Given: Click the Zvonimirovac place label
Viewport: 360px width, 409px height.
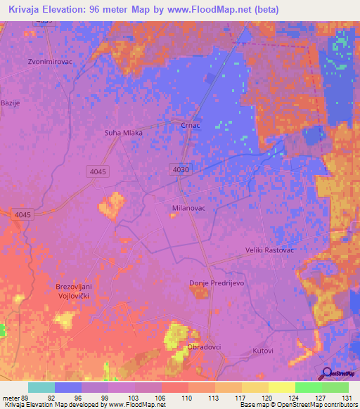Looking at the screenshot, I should coord(50,60).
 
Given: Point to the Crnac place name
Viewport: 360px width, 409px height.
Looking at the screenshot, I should coord(191,126).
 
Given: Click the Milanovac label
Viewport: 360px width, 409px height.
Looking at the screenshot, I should coord(188,209).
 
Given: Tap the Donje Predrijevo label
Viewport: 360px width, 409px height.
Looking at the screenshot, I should coord(216,283).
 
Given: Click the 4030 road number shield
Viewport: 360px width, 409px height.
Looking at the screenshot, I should coord(180,170).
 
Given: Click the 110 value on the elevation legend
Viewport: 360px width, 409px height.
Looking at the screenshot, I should coord(186,397).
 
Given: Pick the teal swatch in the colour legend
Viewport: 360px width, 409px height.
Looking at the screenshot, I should coord(41,387).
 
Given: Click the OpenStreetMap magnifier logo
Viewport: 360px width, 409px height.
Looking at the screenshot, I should coord(326,374).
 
